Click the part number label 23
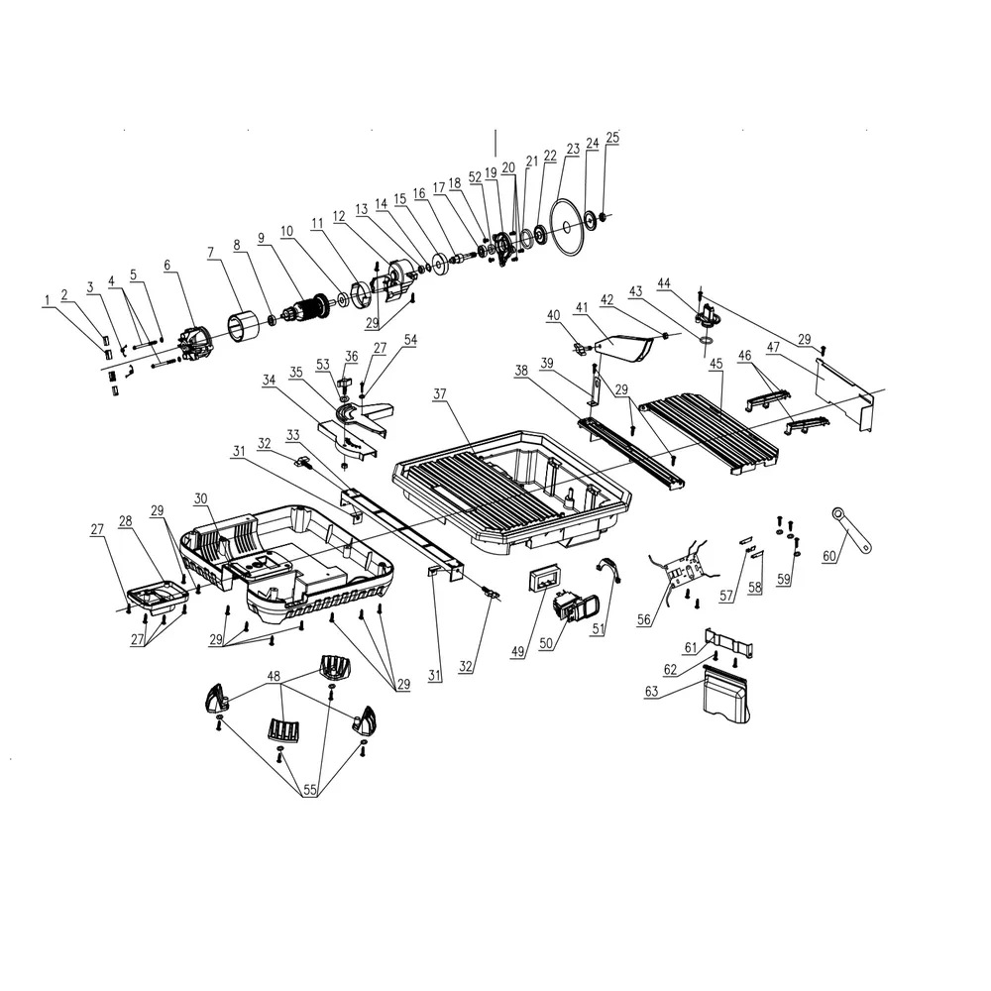(x=573, y=150)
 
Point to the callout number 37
(x=441, y=394)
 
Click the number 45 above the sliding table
(x=716, y=365)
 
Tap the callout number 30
(x=201, y=497)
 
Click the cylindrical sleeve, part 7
(x=245, y=326)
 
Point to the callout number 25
(x=611, y=138)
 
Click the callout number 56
(x=645, y=618)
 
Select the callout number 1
(x=45, y=301)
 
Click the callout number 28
(x=126, y=520)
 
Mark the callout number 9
(x=261, y=238)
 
